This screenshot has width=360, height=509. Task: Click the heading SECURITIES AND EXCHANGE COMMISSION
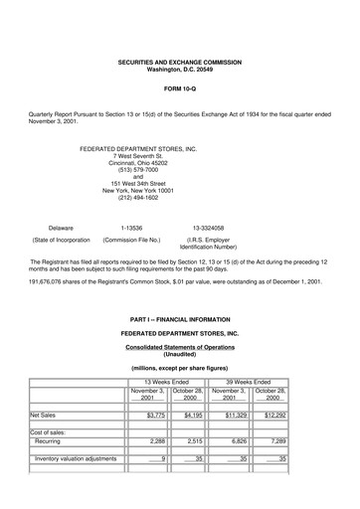179,62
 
